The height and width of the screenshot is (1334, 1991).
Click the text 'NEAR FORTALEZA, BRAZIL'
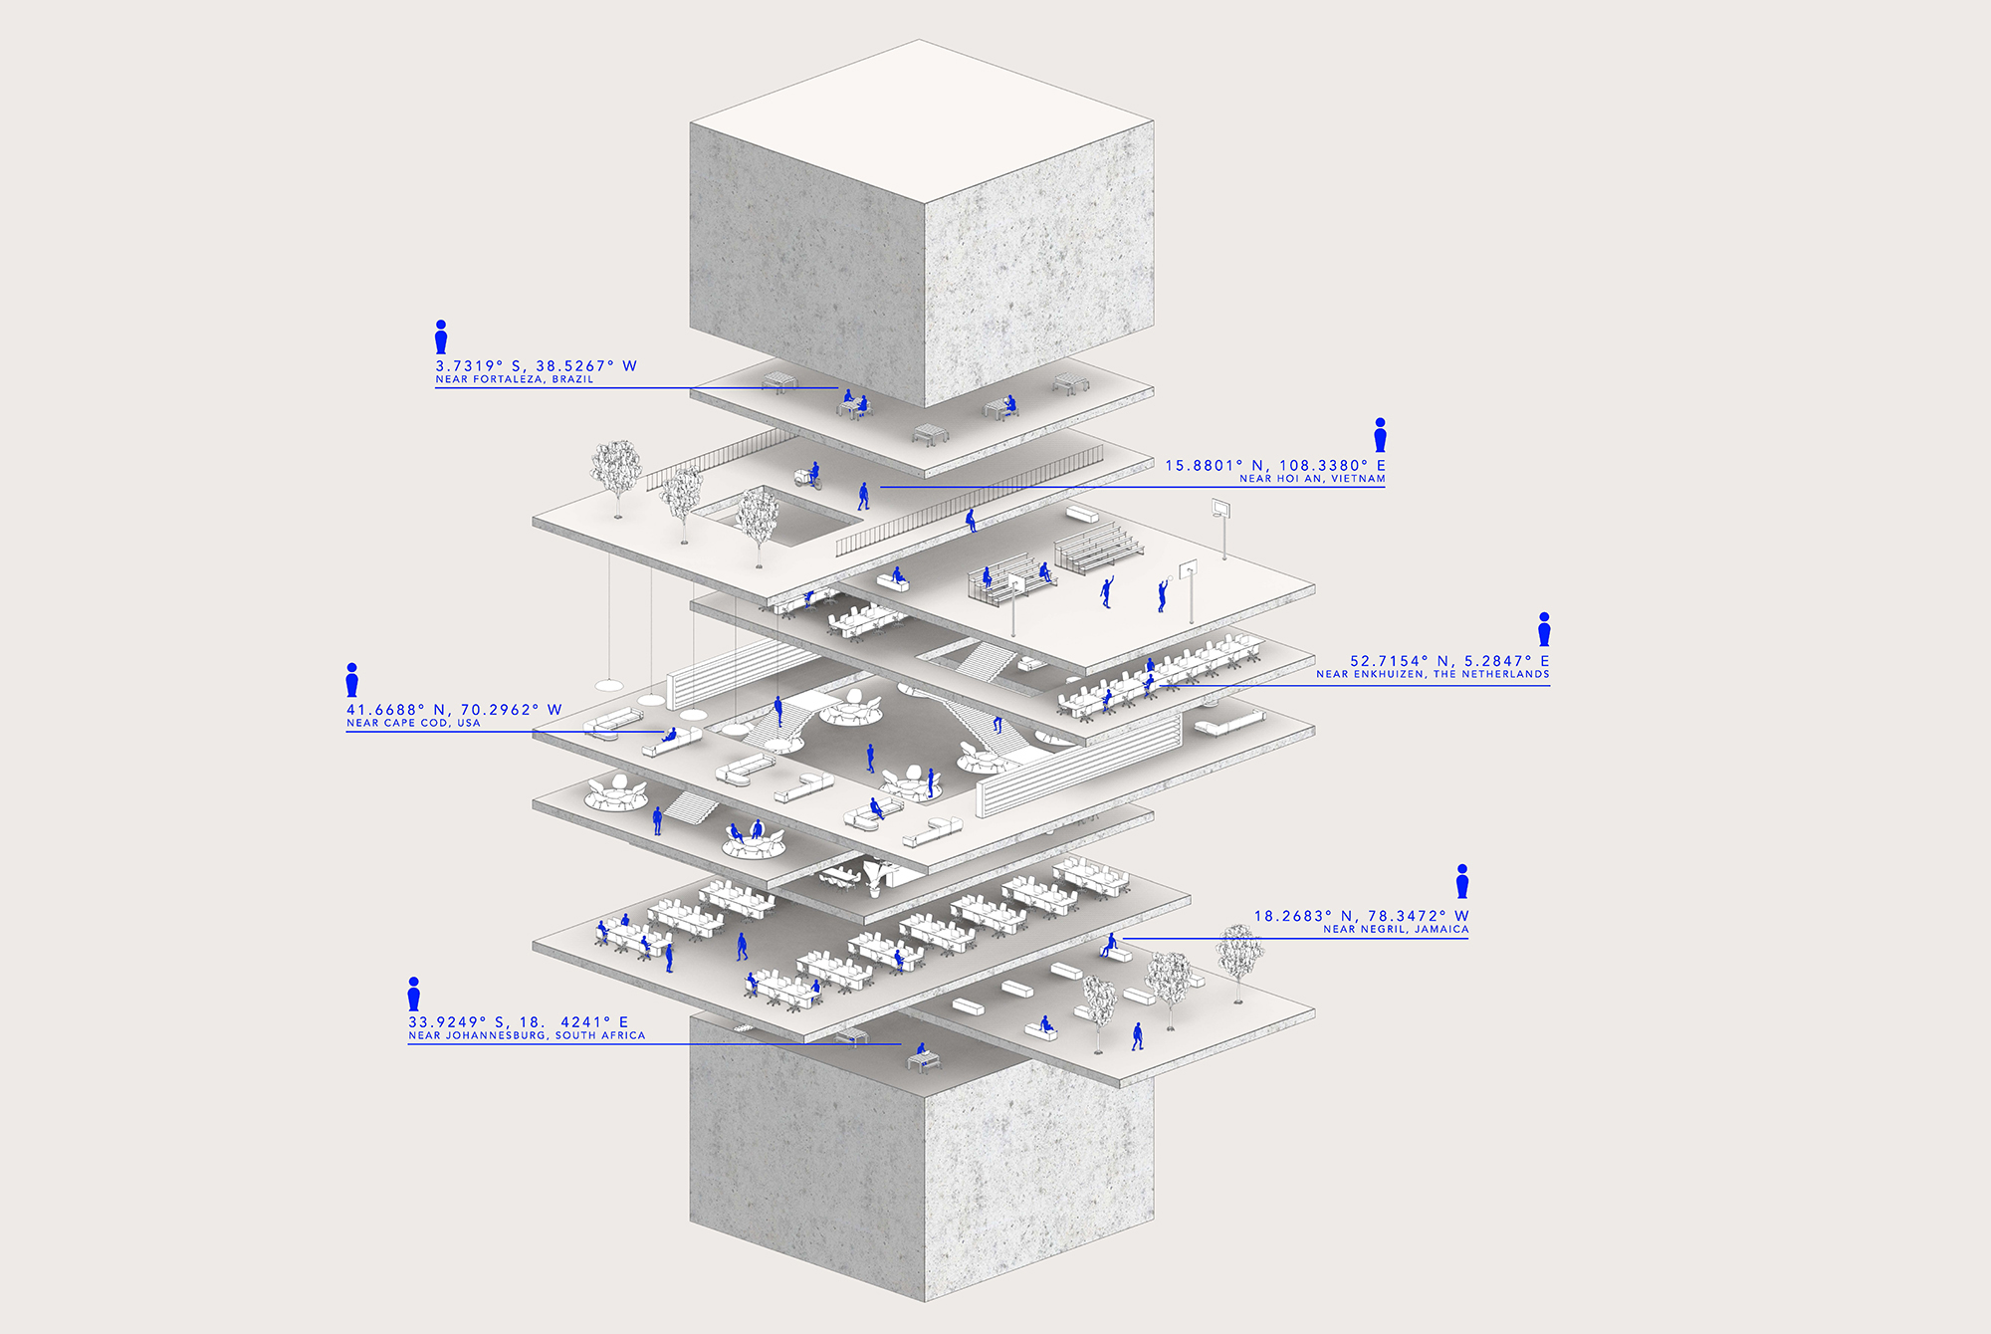[515, 379]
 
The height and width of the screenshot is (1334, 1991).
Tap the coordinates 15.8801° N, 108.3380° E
[1275, 465]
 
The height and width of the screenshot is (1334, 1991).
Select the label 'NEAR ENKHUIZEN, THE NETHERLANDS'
[1433, 674]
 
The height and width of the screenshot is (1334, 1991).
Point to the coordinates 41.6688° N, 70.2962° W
[454, 710]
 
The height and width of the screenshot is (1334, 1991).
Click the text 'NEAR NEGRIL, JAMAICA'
[1396, 929]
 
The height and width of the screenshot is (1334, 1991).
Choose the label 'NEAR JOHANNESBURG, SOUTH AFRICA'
[527, 1035]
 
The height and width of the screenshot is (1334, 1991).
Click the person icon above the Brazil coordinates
[441, 336]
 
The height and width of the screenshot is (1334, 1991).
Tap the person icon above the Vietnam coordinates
[1380, 435]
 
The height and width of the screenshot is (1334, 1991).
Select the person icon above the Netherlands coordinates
[1544, 629]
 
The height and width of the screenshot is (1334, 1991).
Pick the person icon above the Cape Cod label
[352, 680]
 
